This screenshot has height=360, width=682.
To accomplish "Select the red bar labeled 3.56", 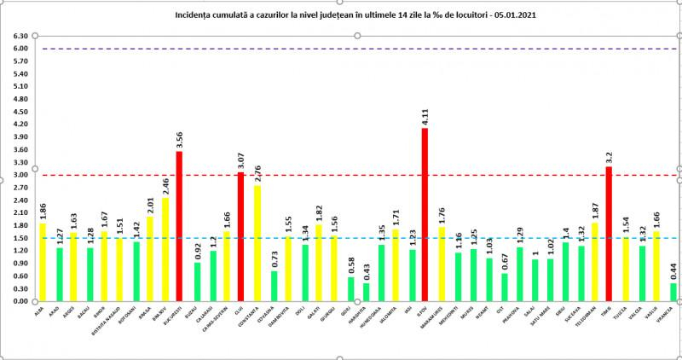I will [179, 226].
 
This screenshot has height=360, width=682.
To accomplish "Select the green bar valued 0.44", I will [673, 292].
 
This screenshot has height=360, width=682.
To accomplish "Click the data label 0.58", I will [350, 265].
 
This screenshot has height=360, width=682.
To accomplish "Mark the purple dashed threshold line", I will [341, 49].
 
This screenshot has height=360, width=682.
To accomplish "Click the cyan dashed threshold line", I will [341, 238].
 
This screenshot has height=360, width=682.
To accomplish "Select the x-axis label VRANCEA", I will [673, 314].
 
